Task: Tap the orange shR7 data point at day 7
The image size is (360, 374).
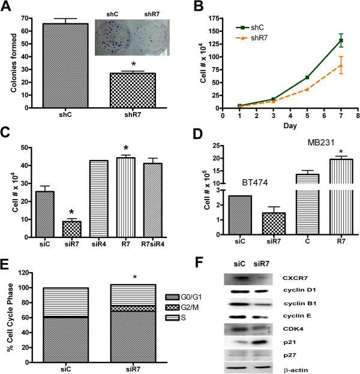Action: point(341,65)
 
